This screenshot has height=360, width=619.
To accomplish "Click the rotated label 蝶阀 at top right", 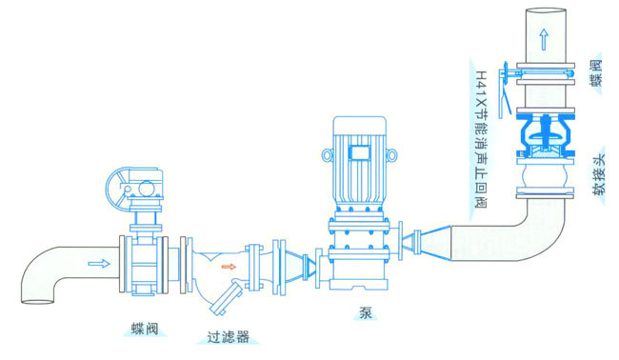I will tap(597, 72).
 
